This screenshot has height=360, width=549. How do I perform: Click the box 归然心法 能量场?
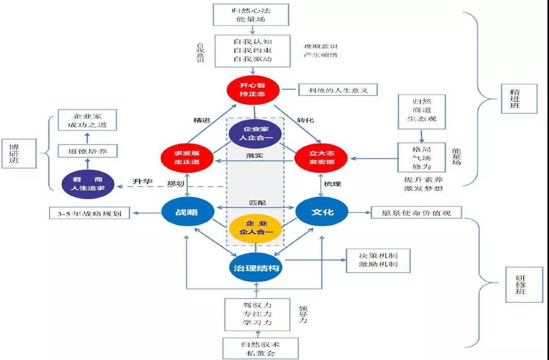250,15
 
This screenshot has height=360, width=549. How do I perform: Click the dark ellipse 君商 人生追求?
87,184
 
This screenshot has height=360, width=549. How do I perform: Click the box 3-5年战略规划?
90,212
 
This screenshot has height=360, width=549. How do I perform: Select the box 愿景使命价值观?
416,212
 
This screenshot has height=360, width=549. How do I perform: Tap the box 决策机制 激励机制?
378,260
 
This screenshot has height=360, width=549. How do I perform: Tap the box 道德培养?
87,152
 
